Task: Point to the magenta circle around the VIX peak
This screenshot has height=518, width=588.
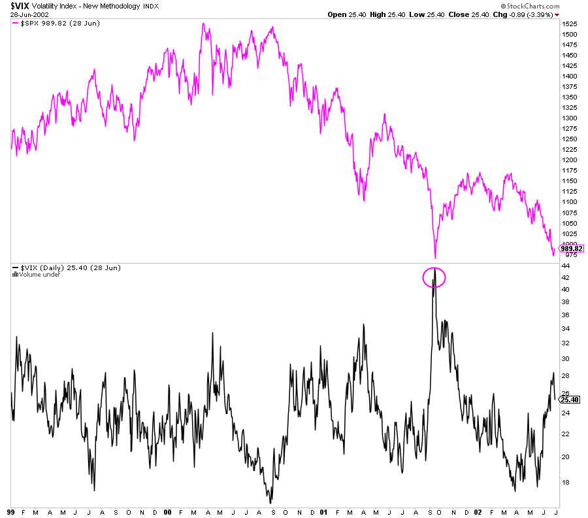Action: pos(434,277)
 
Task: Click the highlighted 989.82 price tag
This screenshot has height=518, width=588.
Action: pos(571,249)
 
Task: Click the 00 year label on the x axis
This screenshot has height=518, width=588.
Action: pos(167,512)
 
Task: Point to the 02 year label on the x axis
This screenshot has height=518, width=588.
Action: pos(478,512)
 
